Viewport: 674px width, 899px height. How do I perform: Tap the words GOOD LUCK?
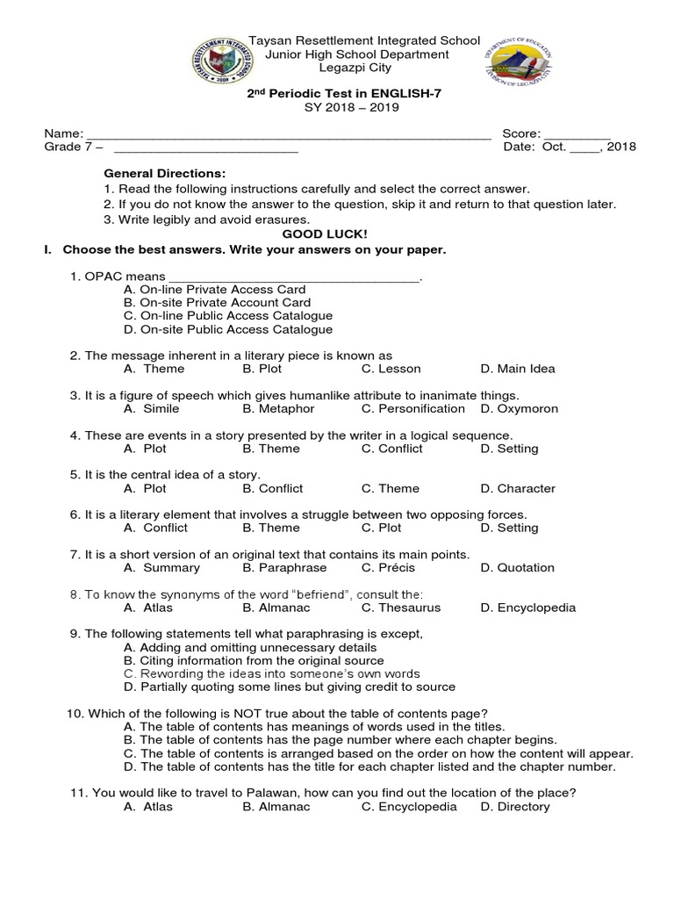(314, 234)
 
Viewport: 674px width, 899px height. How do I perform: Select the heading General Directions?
(164, 174)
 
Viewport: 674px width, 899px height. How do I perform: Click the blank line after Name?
(287, 134)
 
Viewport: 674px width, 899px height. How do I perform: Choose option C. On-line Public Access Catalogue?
(228, 315)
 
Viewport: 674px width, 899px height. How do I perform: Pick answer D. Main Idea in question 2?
(518, 369)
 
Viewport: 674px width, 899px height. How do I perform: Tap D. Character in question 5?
(518, 488)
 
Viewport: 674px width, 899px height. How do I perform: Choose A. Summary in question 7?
(161, 567)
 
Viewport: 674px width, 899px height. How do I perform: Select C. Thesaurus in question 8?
(400, 607)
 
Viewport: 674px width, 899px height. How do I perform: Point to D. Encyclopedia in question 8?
(527, 607)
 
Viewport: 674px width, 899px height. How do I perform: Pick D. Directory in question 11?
(515, 806)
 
